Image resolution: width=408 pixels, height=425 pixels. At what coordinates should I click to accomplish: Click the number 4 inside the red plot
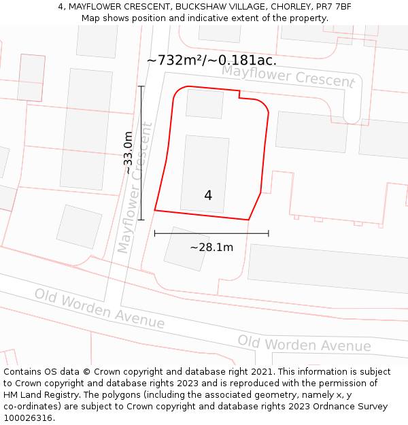tap(208, 196)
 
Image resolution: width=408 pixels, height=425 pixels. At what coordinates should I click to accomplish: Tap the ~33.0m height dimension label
tap(129, 153)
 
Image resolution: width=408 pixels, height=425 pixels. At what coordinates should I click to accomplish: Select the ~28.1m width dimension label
tap(211, 247)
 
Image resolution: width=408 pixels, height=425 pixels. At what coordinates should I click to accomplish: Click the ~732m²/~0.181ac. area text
tap(211, 60)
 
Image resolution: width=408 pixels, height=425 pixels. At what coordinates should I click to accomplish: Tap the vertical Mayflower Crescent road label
tap(134, 187)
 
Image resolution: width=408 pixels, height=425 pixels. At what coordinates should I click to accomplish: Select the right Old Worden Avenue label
tap(304, 343)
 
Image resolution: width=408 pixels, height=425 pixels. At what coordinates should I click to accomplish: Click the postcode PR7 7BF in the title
tap(335, 7)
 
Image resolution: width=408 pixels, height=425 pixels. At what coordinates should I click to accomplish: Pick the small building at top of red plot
tap(205, 104)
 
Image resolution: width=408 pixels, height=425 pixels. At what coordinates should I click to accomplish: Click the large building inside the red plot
tap(205, 173)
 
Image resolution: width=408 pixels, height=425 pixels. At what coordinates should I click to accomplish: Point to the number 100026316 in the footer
tap(29, 418)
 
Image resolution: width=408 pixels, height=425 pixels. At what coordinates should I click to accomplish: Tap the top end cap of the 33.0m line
tap(141, 86)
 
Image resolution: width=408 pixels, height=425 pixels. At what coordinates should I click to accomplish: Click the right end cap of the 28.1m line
tap(269, 233)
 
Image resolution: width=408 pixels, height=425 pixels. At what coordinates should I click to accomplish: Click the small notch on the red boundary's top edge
tap(240, 95)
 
